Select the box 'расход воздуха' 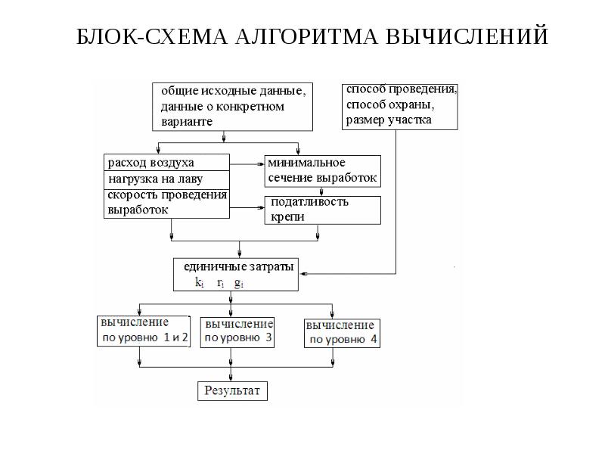click(166, 163)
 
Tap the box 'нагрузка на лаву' click(166, 179)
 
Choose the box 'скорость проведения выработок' click(166, 203)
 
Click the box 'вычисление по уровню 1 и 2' click(143, 331)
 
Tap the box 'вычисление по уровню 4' click(342, 333)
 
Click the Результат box click(232, 391)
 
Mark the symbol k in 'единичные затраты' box click(199, 284)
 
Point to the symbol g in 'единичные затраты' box click(237, 284)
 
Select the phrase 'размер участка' click(389, 120)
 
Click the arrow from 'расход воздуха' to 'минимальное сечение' click(247, 163)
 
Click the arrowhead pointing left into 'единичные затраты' click(299, 272)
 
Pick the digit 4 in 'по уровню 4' click(373, 340)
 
